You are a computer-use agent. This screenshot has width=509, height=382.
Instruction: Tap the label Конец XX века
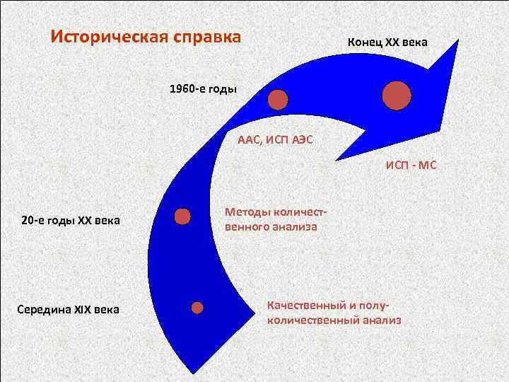point(387,42)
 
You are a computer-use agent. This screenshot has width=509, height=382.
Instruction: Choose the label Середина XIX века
point(69,309)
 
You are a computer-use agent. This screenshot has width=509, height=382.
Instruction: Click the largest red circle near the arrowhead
point(397,95)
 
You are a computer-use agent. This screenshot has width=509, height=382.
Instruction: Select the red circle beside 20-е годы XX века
point(182,216)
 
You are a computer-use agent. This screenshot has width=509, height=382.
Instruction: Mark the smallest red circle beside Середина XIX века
point(197,308)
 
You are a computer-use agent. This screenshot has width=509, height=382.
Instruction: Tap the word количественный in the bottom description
point(312,320)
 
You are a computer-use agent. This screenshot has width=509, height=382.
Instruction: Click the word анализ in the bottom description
point(381,320)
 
